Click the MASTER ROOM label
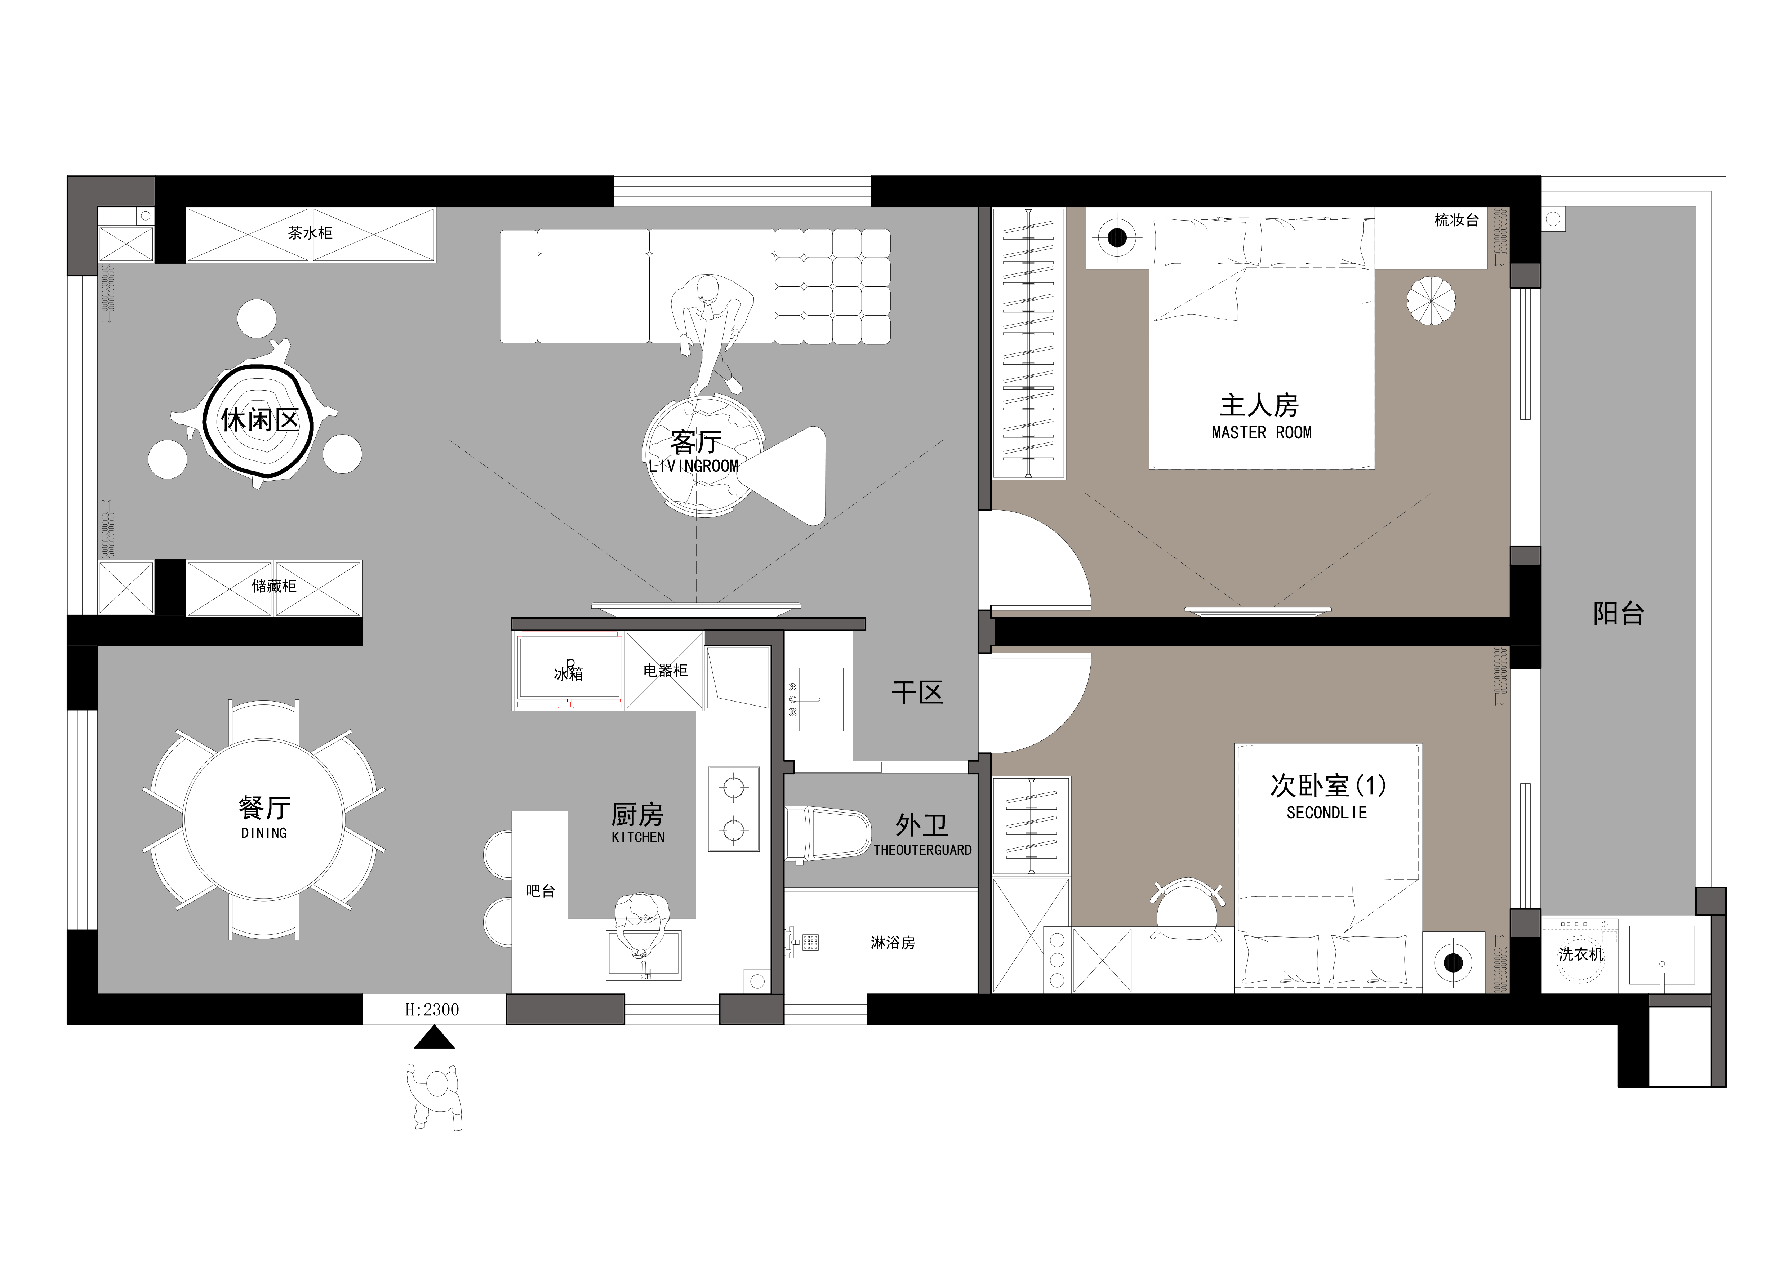(x=1262, y=432)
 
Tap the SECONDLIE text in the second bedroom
(x=1326, y=812)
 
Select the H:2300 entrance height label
(x=432, y=1009)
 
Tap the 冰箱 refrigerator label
(x=569, y=674)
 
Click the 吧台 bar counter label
(x=541, y=891)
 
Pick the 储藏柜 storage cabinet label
(x=274, y=586)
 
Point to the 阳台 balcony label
(x=1618, y=614)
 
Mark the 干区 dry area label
(x=917, y=693)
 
